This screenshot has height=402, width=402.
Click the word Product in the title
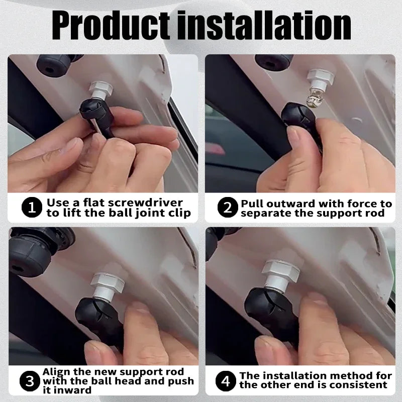[x=111, y=26]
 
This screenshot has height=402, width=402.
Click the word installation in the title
[x=264, y=26]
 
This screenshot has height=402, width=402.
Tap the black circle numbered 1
[x=32, y=207]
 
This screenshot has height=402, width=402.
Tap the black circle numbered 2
[x=228, y=207]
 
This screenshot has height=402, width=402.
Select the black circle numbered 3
[x=30, y=381]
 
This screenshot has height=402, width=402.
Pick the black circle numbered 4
[x=226, y=381]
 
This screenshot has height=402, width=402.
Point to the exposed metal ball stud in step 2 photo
[x=313, y=100]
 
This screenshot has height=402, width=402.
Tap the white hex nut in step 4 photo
[x=281, y=271]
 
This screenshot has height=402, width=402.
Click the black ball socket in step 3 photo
[x=97, y=318]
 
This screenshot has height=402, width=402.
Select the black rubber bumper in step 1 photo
[x=54, y=66]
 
